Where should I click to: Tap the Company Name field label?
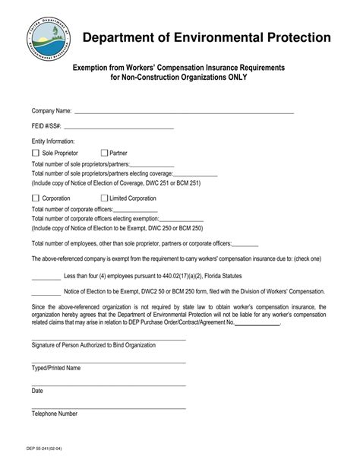coord(51,112)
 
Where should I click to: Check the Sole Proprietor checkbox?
coord(36,153)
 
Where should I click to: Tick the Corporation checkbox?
coord(36,198)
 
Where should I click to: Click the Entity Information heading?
coord(53,141)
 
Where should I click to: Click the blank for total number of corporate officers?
coord(135,208)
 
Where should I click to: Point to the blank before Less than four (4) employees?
coord(46,277)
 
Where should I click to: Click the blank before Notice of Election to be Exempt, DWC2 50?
coord(46,291)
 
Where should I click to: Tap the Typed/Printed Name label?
coord(55,368)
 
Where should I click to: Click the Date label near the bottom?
coord(37,391)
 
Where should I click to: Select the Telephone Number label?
coord(55,414)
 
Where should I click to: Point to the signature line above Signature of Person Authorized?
coord(109,339)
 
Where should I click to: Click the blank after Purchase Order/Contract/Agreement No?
coord(257,322)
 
